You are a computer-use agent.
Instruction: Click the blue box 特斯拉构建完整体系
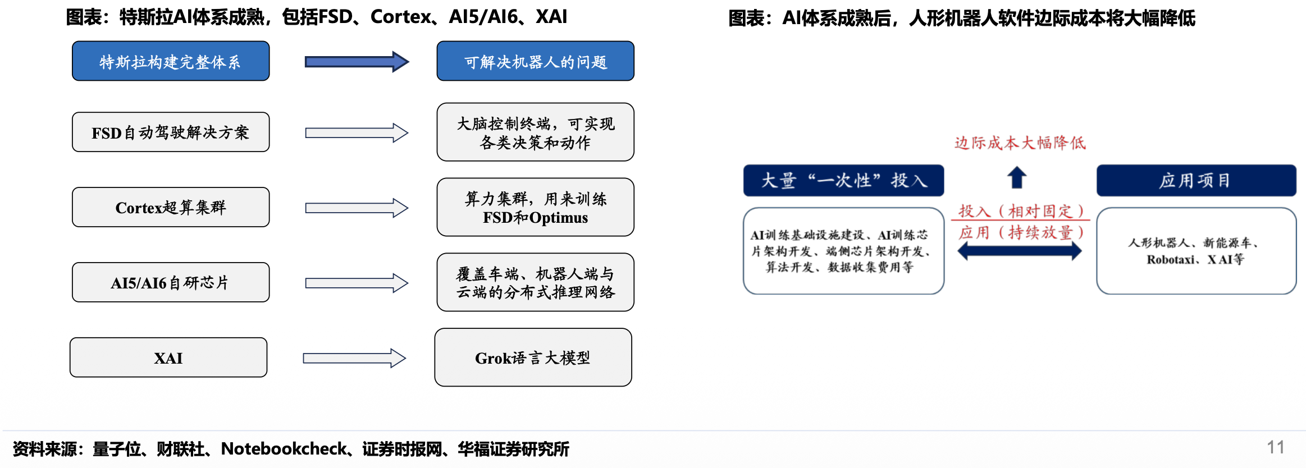click(x=171, y=61)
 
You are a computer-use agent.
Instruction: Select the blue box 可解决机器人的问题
click(x=536, y=61)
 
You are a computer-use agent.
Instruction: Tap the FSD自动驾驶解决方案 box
click(x=171, y=132)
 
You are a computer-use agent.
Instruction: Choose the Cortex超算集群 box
click(x=171, y=207)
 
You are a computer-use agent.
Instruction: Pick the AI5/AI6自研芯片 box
click(x=171, y=282)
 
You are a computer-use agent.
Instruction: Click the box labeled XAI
click(x=168, y=357)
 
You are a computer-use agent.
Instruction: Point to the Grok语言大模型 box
click(x=533, y=357)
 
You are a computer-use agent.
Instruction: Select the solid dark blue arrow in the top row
click(x=357, y=62)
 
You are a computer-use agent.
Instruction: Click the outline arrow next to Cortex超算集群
click(x=357, y=208)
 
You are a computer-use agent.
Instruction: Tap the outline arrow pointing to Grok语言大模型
click(x=354, y=358)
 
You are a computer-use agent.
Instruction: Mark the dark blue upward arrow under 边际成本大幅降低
click(x=1017, y=177)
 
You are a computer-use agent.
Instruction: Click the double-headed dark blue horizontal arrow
click(x=1020, y=251)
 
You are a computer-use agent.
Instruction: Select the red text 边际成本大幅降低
click(x=1020, y=143)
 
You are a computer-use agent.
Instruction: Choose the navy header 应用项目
click(x=1197, y=180)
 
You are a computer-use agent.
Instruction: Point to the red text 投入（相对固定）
click(x=1021, y=211)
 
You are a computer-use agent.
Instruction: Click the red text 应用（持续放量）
click(x=1021, y=232)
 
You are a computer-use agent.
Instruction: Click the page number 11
click(x=1276, y=447)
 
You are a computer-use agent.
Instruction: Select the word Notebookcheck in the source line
click(x=284, y=449)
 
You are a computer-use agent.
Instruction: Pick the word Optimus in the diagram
click(x=558, y=218)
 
